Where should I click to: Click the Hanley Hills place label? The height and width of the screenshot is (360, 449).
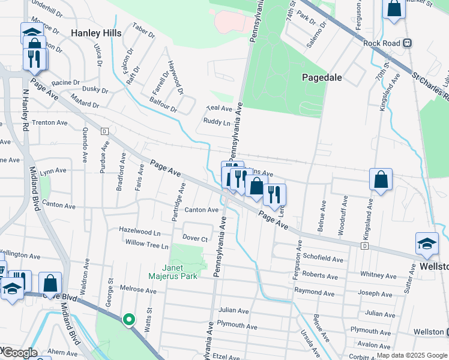[x=96, y=33]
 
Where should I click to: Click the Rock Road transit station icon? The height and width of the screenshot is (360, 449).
[x=408, y=43]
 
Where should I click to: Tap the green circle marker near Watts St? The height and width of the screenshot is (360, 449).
[x=128, y=320]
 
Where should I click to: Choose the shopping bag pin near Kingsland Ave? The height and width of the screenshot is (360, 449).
[x=381, y=179]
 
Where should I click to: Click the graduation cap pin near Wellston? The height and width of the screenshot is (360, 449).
[x=427, y=244]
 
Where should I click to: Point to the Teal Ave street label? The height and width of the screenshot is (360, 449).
[x=218, y=109]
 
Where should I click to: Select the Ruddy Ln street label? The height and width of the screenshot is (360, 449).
[x=217, y=122]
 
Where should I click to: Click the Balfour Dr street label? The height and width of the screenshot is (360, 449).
[x=164, y=105]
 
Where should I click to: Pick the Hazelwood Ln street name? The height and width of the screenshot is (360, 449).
[x=140, y=231]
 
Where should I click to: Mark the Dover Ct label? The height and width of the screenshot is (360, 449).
[x=195, y=238]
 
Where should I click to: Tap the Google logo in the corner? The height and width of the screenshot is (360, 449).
[x=19, y=353]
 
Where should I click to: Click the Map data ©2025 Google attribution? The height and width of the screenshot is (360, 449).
[x=412, y=355]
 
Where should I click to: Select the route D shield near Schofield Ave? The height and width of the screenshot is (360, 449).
[x=364, y=246]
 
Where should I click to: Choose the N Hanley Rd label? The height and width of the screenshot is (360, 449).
[x=25, y=111]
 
